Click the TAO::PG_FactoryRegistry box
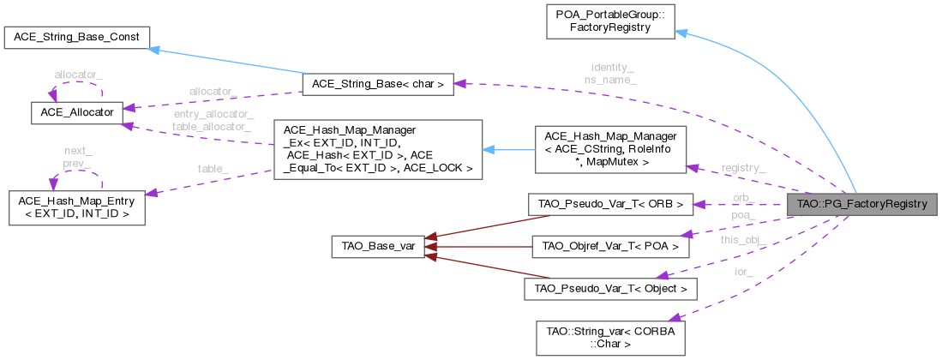tap(861, 205)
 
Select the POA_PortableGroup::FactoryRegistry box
tap(610, 21)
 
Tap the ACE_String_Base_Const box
tap(77, 38)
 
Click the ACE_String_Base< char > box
tap(377, 84)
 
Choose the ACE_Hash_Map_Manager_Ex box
tap(377, 149)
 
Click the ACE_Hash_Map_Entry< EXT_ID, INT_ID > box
tap(75, 206)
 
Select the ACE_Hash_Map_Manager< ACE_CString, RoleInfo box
tap(611, 149)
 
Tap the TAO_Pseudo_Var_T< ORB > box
tap(610, 205)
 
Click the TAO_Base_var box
tap(378, 247)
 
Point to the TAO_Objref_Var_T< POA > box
tap(610, 247)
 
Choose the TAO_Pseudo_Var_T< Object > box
tap(610, 289)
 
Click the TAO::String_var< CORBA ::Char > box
tap(609, 337)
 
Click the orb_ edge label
tap(743, 198)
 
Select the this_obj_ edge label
tap(743, 240)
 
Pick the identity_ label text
tap(612, 66)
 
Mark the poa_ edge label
tap(743, 216)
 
